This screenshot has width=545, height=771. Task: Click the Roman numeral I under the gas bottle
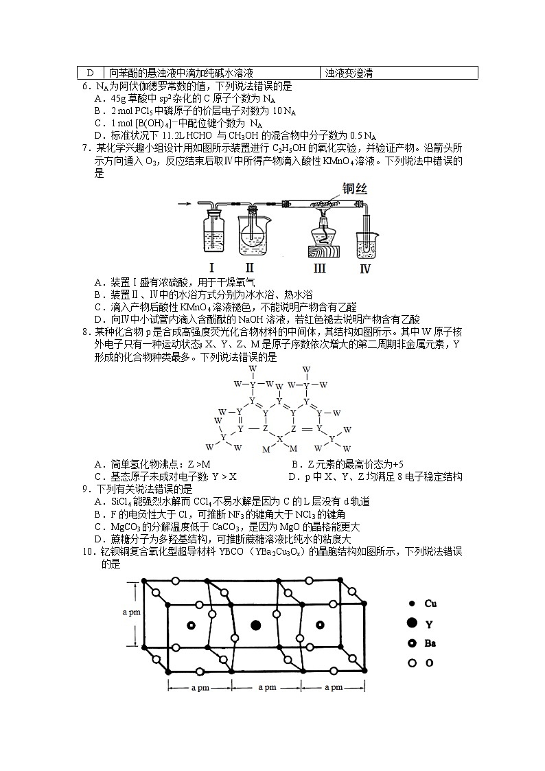(x=212, y=268)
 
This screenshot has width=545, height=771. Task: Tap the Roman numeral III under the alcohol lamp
(x=320, y=268)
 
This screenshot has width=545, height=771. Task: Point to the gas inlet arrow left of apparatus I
(x=184, y=204)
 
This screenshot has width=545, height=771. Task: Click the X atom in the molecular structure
(x=279, y=437)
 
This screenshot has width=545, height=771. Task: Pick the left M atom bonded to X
(x=266, y=448)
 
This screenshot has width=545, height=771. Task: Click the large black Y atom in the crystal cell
(x=256, y=625)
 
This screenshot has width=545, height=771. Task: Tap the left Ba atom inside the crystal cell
(x=191, y=625)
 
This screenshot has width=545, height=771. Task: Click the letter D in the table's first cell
(x=89, y=73)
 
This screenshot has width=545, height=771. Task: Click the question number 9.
(x=86, y=489)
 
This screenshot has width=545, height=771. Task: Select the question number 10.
(x=88, y=553)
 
